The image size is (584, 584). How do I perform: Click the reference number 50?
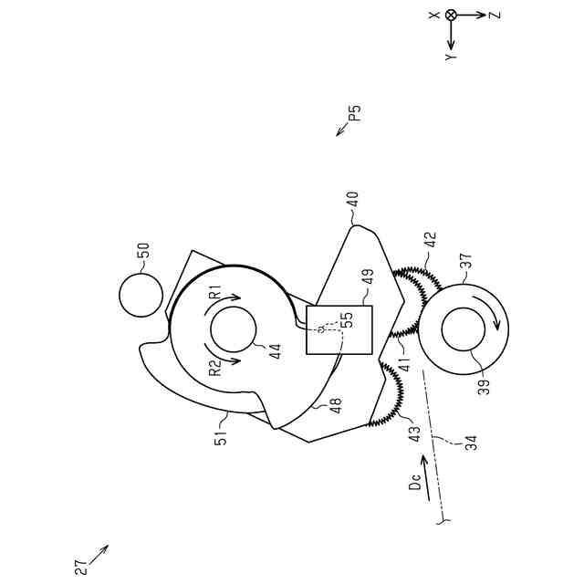pyautogui.click(x=144, y=248)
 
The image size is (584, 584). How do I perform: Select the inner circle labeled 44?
pyautogui.click(x=233, y=331)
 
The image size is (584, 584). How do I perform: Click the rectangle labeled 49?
pyautogui.click(x=339, y=329)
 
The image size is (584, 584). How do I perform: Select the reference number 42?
pyautogui.click(x=431, y=240)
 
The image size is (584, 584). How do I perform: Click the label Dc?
pyautogui.click(x=413, y=485)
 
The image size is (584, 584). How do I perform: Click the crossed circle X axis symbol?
pyautogui.click(x=451, y=15)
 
